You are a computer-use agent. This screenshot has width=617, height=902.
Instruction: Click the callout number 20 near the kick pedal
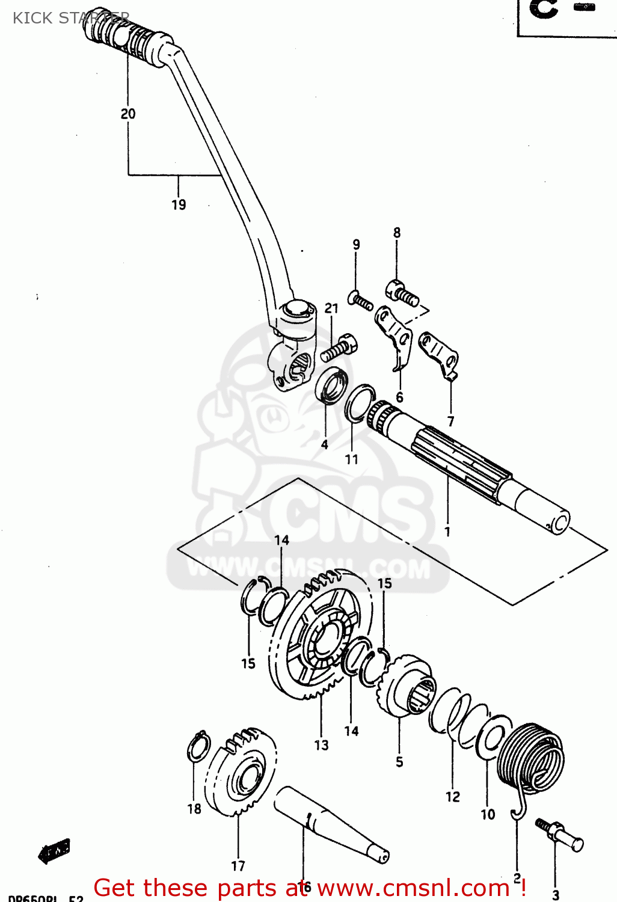click(128, 114)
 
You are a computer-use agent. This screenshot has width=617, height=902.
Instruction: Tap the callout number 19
click(179, 204)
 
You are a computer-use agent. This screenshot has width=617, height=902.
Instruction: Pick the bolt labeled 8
click(401, 292)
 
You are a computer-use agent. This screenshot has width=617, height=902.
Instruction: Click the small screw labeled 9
click(360, 300)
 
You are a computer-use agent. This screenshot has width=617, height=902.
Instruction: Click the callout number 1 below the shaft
click(447, 532)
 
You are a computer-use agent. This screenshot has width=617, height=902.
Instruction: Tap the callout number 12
click(452, 797)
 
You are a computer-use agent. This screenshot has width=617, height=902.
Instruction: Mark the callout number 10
click(488, 815)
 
